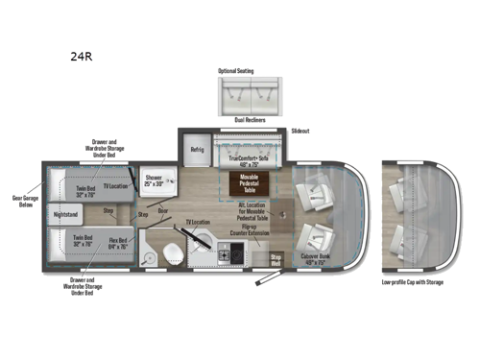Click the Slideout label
300,131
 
